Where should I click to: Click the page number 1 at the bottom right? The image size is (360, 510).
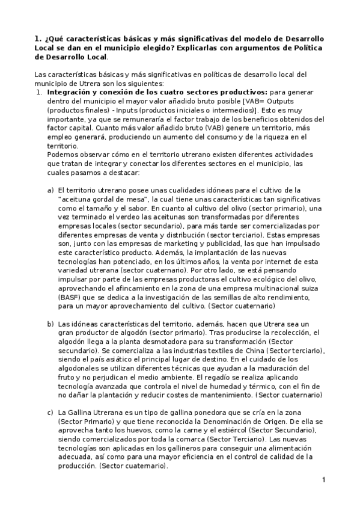click(x=323, y=479)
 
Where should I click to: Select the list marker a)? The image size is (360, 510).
click(x=50, y=190)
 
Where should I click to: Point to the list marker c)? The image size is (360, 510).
click(x=50, y=414)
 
